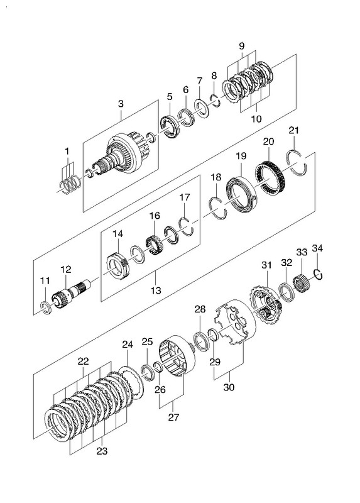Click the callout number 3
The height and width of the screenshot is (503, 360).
pyautogui.click(x=121, y=104)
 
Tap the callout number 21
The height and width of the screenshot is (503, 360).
pyautogui.click(x=293, y=130)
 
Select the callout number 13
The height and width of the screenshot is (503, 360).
pyautogui.click(x=155, y=290)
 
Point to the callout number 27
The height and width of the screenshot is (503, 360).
pyautogui.click(x=173, y=417)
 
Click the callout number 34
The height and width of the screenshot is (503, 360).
pyautogui.click(x=317, y=248)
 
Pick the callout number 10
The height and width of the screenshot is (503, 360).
pyautogui.click(x=256, y=119)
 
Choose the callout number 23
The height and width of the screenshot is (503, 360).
pyautogui.click(x=102, y=451)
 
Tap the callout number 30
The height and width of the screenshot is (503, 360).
pyautogui.click(x=229, y=387)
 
